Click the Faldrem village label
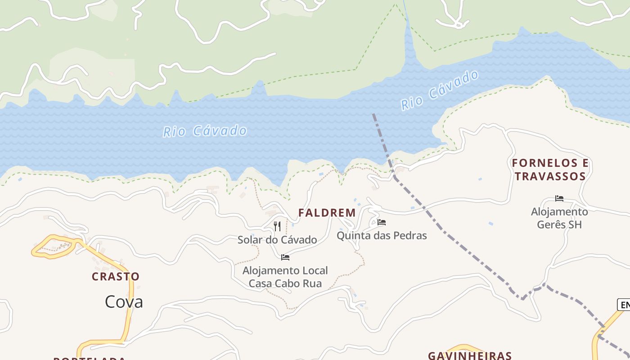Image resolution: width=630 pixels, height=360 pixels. [327, 213]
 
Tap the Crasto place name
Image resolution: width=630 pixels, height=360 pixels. [116, 276]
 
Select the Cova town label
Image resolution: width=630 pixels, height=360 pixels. [124, 301]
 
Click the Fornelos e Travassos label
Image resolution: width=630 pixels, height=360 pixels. [550, 170]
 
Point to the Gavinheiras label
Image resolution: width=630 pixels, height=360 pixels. [470, 355]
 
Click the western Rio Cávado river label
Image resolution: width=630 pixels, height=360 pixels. [205, 131]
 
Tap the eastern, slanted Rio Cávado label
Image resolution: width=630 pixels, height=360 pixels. [440, 90]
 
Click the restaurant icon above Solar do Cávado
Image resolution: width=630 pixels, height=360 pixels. [277, 226]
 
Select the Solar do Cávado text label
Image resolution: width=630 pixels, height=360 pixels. [277, 240]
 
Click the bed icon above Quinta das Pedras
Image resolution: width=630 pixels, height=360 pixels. [382, 222]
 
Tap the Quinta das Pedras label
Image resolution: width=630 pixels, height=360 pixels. [382, 235]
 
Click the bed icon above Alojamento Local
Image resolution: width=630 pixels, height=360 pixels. [285, 257]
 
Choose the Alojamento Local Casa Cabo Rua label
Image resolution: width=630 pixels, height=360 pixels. [285, 277]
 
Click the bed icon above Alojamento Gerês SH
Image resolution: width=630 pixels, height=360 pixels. [559, 198]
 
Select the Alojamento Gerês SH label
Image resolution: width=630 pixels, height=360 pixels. [559, 218]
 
